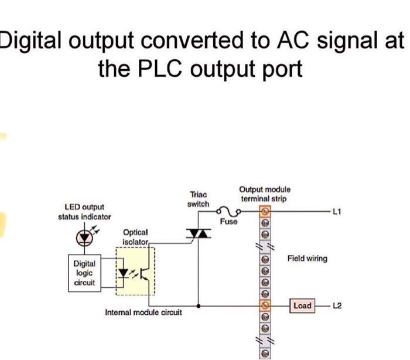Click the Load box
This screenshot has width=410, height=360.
click(302, 305)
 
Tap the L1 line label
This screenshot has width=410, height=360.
click(336, 210)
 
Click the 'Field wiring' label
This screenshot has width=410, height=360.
click(307, 258)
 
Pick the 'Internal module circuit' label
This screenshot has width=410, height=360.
click(143, 313)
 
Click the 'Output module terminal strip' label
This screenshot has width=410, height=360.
click(264, 193)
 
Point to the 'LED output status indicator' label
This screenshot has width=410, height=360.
click(84, 212)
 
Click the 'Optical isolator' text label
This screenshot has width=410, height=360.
click(135, 237)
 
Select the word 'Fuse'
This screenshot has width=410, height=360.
click(228, 222)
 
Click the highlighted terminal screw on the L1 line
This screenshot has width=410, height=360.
click(265, 210)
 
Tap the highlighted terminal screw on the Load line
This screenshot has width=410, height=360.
click(265, 305)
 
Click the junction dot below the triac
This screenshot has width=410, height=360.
click(198, 305)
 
